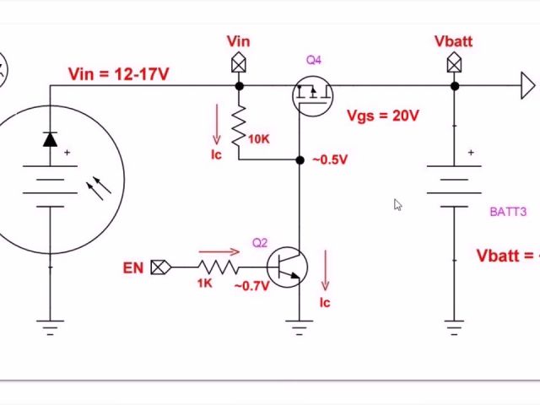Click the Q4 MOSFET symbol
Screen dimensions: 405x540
click(312, 94)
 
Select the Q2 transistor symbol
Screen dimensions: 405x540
click(287, 267)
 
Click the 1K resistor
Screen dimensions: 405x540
click(218, 267)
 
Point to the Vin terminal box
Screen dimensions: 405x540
click(239, 63)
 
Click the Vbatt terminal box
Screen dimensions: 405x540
click(454, 63)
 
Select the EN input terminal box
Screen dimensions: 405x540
click(159, 267)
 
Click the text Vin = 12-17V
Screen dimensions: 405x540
click(119, 74)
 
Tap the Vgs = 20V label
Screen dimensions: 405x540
click(382, 116)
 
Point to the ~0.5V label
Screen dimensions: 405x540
click(329, 159)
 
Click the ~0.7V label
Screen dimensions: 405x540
click(251, 286)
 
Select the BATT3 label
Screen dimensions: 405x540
click(508, 212)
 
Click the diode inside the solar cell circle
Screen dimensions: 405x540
click(50, 139)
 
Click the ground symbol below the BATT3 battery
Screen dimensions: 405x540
click(454, 326)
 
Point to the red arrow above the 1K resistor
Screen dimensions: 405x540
click(219, 251)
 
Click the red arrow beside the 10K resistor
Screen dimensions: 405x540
click(217, 125)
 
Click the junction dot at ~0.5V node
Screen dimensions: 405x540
click(300, 159)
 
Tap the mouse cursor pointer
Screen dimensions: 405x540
click(397, 205)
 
